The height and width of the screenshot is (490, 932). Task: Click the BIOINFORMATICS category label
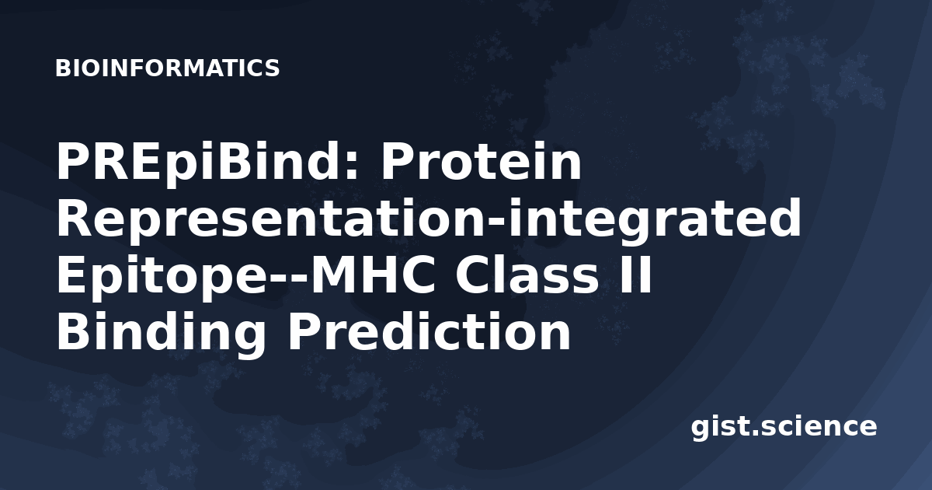click(167, 68)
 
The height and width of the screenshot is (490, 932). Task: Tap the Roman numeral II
click(635, 275)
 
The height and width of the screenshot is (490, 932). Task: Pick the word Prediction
click(429, 331)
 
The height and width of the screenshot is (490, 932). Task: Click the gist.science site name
click(784, 427)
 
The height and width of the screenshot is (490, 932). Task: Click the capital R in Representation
click(76, 219)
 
